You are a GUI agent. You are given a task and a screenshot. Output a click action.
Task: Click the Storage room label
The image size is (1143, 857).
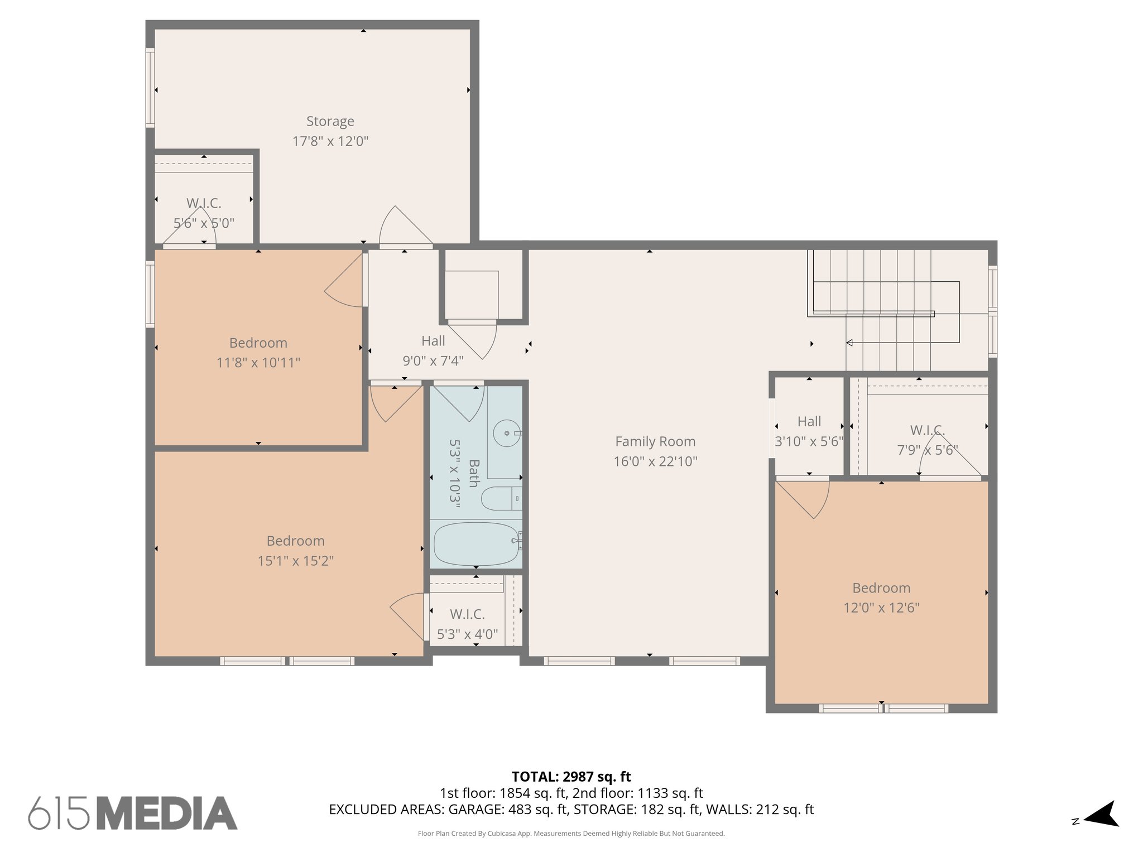click(x=330, y=121)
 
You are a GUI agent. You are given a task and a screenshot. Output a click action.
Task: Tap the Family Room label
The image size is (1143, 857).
click(x=655, y=441)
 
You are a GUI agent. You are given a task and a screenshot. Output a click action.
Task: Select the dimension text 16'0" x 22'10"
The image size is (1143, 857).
click(x=655, y=461)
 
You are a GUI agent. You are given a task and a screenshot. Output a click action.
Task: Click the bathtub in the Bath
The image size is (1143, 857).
click(x=476, y=544)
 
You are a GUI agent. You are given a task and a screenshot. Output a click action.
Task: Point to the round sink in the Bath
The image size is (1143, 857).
click(x=507, y=433)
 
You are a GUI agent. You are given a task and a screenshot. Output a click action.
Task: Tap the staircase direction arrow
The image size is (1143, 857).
click(x=849, y=343)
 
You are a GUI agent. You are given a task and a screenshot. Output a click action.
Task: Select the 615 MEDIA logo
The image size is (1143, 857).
click(x=133, y=813)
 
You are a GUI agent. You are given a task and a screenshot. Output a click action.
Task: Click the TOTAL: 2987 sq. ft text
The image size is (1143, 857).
click(x=571, y=777)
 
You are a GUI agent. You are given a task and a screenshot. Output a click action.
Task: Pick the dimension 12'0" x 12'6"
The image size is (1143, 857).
click(x=881, y=608)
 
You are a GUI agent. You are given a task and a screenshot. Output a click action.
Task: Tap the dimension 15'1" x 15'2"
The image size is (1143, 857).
click(x=295, y=561)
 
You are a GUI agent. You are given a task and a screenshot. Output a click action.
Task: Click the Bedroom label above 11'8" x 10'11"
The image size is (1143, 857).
click(x=258, y=343)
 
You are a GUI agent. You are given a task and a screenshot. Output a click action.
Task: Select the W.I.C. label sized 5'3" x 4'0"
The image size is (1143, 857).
click(x=467, y=614)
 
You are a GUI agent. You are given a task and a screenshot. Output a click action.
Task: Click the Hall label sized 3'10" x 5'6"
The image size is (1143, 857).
click(x=809, y=421)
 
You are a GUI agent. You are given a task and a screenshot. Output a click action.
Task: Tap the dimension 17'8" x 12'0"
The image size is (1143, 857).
click(x=330, y=141)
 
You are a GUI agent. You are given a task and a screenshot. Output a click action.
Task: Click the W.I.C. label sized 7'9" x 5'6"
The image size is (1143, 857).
click(x=927, y=430)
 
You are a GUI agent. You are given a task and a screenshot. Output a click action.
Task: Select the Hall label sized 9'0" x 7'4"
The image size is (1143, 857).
click(x=433, y=341)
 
